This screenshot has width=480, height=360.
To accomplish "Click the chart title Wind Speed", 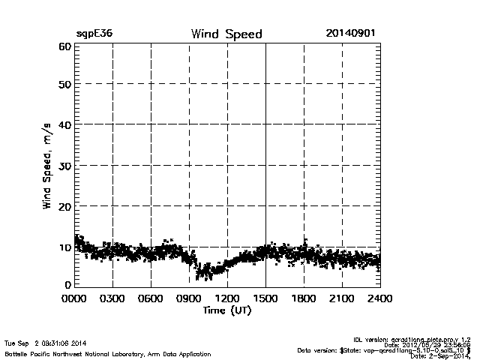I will (226, 34).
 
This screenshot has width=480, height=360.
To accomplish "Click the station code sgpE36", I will (94, 34).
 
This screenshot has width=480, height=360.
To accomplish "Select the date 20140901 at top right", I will (350, 34).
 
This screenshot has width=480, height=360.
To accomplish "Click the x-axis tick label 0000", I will (75, 298).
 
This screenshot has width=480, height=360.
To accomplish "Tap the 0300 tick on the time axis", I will (112, 298).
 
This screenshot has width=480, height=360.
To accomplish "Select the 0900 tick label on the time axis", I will (189, 298).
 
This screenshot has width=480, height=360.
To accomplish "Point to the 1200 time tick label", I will (227, 298).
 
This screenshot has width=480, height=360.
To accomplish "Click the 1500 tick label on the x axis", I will (265, 298).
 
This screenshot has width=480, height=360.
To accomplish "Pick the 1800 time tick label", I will (304, 298).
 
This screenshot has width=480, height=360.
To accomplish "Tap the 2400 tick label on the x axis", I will (379, 298).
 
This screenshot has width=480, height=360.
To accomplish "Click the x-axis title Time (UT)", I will (226, 309).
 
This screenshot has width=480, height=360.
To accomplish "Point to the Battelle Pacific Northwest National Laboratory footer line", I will (107, 353).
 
